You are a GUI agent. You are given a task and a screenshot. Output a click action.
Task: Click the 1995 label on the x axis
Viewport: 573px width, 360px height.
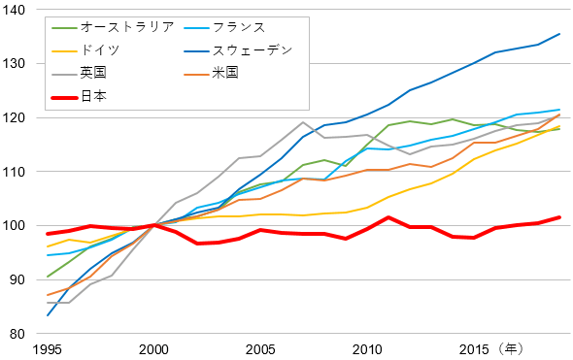coord(48,348)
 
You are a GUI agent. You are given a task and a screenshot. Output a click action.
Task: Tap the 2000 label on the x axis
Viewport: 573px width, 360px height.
coord(153,348)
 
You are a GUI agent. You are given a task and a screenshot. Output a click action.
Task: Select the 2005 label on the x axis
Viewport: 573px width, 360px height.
coord(260,348)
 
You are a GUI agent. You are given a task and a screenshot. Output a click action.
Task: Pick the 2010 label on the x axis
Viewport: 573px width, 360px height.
coord(366,348)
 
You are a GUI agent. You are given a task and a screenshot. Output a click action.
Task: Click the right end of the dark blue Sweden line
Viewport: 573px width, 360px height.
coord(559,34)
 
